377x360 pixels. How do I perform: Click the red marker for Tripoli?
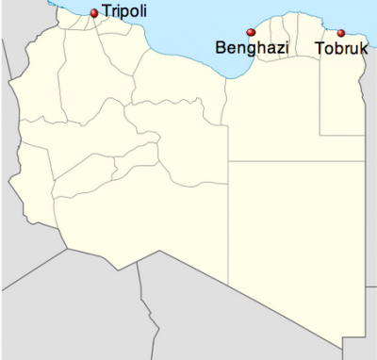tap(93, 13)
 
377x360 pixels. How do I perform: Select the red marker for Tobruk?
tap(341, 33)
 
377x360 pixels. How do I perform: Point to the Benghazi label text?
tap(250, 48)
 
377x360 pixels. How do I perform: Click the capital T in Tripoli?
tap(106, 13)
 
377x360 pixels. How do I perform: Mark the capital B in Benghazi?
tap(221, 48)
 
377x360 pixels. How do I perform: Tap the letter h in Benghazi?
tap(259, 48)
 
